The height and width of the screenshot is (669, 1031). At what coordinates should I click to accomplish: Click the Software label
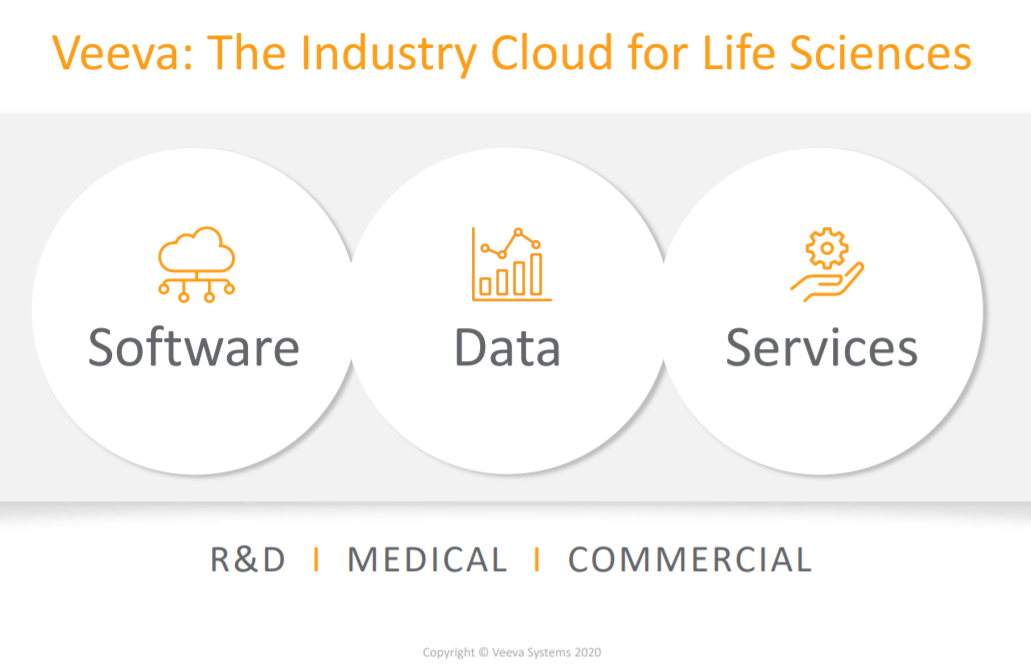[194, 347]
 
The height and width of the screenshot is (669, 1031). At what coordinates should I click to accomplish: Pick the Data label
[507, 347]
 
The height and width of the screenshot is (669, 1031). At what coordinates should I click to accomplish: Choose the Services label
[821, 347]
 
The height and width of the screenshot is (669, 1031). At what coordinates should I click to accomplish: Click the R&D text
[248, 560]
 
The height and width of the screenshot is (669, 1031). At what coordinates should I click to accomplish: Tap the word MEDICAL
[427, 560]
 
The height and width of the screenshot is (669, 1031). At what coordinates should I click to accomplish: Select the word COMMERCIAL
[689, 560]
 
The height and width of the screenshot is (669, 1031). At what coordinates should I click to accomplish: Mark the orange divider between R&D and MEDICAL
[317, 560]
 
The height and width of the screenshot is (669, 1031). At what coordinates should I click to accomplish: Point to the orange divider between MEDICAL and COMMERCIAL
[537, 560]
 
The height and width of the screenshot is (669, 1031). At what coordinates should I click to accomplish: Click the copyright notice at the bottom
[512, 653]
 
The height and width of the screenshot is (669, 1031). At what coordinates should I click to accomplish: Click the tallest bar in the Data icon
[536, 274]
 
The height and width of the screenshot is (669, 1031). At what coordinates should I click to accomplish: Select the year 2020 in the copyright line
[587, 653]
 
